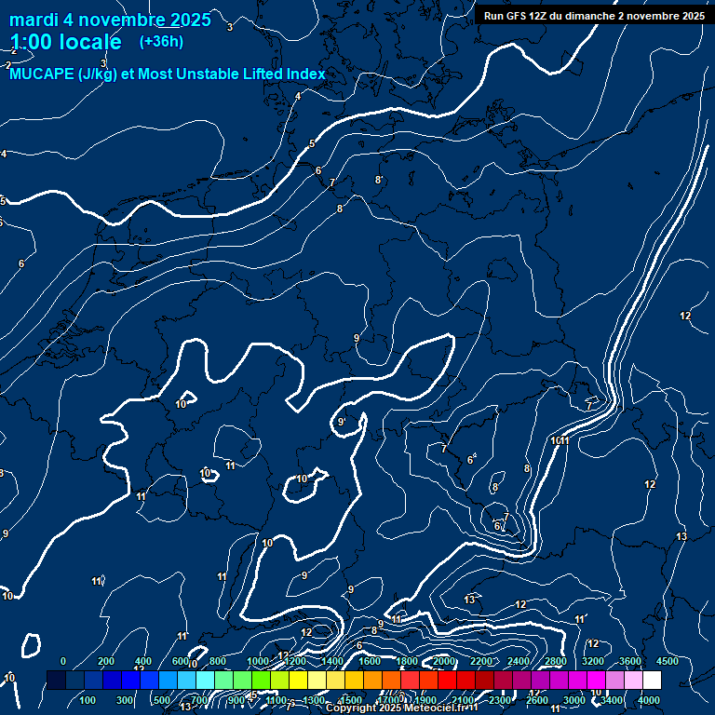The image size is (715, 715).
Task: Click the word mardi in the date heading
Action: click(37, 20)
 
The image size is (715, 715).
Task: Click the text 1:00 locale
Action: click(65, 42)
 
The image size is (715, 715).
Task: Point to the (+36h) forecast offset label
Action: click(161, 42)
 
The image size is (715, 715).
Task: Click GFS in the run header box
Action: click(519, 15)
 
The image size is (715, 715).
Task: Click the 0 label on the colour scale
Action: click(63, 661)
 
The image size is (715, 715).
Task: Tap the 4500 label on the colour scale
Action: click(668, 661)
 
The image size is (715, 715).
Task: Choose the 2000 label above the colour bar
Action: click(444, 661)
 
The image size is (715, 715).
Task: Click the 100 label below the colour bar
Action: click(88, 700)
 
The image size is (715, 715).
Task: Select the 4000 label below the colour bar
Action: click(649, 700)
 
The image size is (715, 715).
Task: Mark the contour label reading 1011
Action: click(560, 440)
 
